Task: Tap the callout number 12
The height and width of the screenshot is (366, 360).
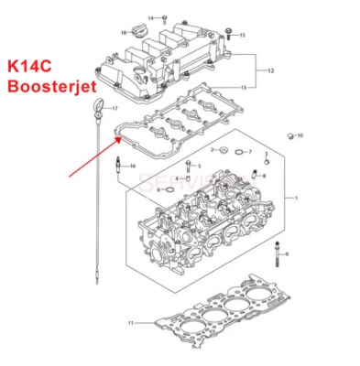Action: [x=270, y=70]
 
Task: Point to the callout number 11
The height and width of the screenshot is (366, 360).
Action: [x=130, y=323]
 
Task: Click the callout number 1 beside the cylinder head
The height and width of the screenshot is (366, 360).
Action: [x=295, y=198]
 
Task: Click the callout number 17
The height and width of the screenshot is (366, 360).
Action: [x=115, y=109]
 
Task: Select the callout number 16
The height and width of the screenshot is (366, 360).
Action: [x=132, y=166]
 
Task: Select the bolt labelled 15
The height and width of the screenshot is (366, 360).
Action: [x=229, y=34]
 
